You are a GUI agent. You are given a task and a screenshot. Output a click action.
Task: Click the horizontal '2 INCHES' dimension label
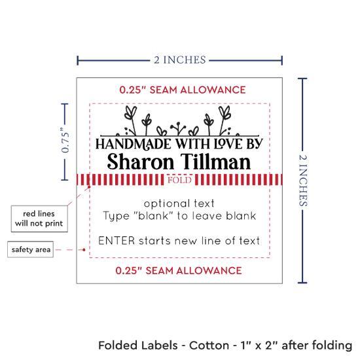[180, 60]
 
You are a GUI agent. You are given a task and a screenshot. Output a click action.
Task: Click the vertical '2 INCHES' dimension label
[303, 181]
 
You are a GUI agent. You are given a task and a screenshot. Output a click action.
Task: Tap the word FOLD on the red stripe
[179, 180]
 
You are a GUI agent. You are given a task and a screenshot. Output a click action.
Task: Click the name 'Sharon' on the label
[141, 162]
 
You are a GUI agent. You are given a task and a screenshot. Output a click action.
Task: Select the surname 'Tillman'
[215, 162]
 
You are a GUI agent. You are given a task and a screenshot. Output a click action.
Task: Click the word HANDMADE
[133, 144]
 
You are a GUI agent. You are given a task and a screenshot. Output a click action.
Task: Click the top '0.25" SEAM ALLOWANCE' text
[183, 90]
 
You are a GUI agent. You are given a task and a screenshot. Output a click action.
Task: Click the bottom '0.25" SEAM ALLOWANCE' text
[179, 270]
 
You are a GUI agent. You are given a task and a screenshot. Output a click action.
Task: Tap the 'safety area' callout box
[31, 249]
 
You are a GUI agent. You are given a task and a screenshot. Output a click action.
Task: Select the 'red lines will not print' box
[39, 219]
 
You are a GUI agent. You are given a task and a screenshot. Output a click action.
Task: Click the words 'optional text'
[179, 204]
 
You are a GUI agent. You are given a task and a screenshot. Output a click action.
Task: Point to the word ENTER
[117, 241]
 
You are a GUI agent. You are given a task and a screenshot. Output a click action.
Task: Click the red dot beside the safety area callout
[84, 249]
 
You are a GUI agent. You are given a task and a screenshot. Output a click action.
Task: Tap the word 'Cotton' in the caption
[209, 346]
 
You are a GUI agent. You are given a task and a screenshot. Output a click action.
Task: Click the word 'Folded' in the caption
[118, 346]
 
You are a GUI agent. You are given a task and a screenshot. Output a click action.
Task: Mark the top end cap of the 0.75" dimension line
[65, 104]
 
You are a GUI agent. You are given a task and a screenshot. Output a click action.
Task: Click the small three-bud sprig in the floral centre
[178, 128]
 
